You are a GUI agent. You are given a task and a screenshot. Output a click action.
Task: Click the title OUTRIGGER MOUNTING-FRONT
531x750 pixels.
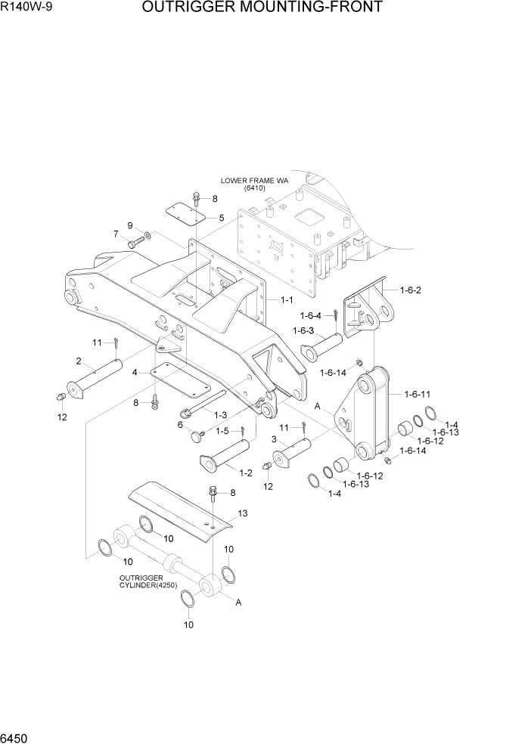(261, 8)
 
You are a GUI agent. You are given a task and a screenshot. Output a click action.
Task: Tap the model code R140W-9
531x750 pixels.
(25, 8)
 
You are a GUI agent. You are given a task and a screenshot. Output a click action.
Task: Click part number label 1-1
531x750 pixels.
(287, 300)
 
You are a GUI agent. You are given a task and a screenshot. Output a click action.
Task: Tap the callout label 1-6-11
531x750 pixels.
(418, 394)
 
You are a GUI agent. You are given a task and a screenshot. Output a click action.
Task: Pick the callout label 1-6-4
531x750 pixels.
(311, 315)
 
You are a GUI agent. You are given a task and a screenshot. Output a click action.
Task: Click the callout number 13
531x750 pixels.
(242, 513)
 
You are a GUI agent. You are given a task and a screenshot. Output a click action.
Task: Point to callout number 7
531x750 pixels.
(116, 234)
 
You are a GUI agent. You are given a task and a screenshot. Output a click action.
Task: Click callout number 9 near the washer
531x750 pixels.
(130, 225)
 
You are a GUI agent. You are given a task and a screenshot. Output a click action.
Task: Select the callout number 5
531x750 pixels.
(222, 218)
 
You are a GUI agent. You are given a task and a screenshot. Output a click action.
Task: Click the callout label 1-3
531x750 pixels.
(221, 414)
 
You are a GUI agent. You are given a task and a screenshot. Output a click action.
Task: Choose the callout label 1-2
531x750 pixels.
(245, 473)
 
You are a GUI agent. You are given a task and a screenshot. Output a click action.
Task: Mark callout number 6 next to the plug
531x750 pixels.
(180, 425)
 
